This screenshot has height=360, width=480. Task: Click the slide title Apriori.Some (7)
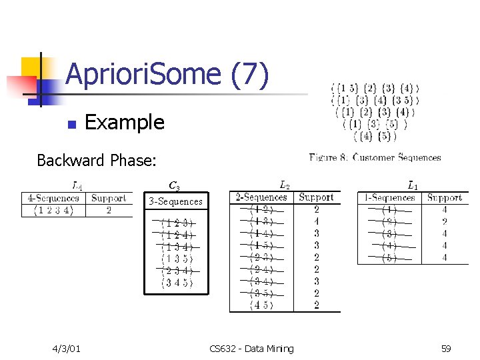tap(167, 75)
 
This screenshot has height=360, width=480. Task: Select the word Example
tap(125, 123)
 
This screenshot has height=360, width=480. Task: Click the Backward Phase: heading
tap(97, 161)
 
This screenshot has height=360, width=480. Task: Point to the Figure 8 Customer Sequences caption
tap(375, 157)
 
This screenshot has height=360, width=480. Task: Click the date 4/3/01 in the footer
tap(67, 349)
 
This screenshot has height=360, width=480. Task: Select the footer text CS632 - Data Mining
tap(251, 349)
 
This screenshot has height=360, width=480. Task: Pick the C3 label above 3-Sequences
tap(174, 185)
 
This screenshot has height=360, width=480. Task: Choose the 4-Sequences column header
tap(54, 198)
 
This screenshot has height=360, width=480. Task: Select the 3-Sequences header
tap(175, 201)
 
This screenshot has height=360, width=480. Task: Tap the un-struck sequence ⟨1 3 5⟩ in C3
tap(177, 259)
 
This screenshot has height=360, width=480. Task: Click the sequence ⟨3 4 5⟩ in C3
tap(177, 283)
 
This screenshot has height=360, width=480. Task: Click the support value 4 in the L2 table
tap(317, 221)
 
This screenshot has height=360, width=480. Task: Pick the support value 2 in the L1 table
tap(445, 221)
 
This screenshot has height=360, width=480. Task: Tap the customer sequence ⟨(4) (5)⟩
tap(375, 137)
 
